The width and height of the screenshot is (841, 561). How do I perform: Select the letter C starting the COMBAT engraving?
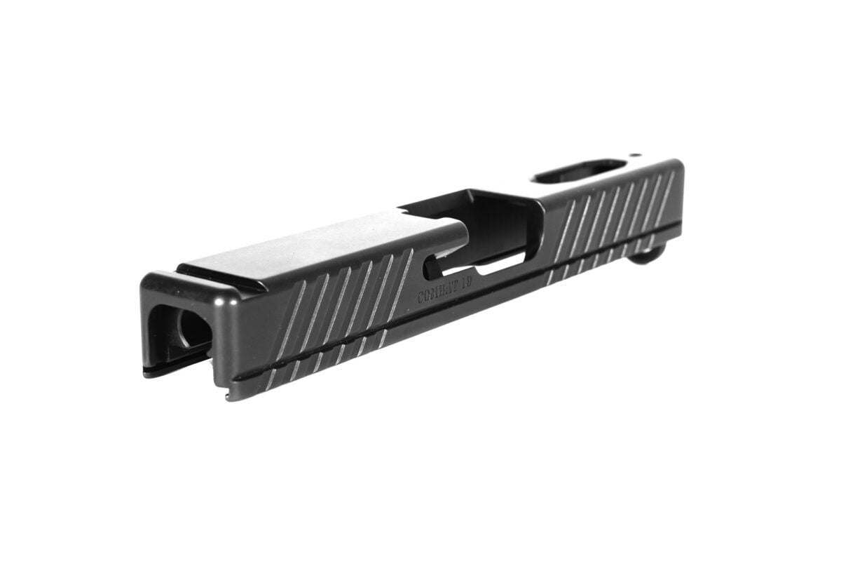point(421,297)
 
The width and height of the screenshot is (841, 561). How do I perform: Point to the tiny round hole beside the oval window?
point(635,155)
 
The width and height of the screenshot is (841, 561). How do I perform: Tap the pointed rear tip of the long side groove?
point(235,379)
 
